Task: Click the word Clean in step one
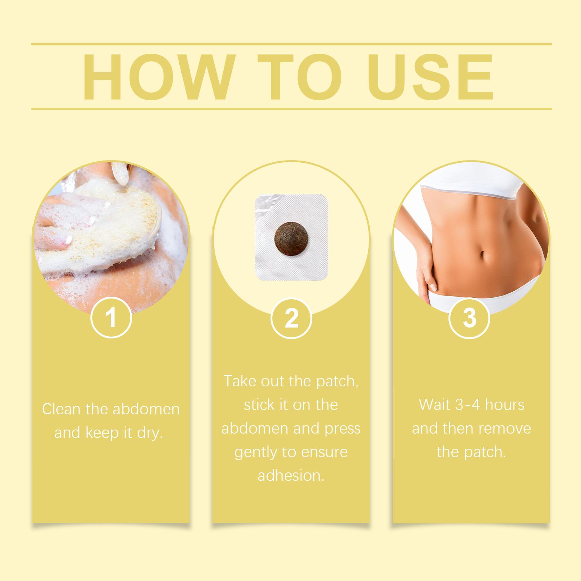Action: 61,409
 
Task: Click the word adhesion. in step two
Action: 291,476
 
